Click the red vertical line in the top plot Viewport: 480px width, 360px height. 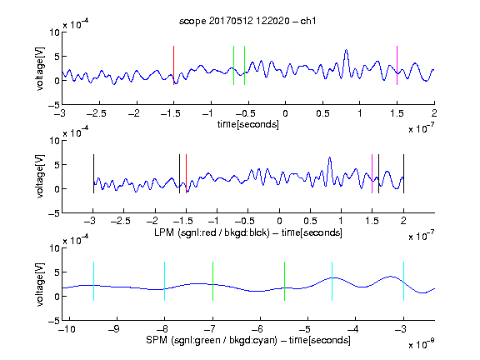(173, 65)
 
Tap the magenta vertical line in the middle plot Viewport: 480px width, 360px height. (372, 173)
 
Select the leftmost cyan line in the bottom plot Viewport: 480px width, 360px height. (93, 281)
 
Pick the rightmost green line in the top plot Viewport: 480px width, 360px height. (245, 65)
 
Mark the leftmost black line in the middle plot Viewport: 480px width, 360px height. (93, 173)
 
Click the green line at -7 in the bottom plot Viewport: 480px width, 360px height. (212, 281)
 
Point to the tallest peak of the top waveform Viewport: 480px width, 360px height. (346, 50)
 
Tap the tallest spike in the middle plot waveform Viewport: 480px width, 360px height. (330, 157)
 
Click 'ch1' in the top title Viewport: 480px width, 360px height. (308, 21)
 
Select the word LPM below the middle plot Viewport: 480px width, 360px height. (164, 232)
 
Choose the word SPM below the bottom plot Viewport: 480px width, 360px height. (157, 340)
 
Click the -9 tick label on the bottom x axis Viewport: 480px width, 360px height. (114, 329)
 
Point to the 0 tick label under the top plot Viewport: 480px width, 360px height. (285, 113)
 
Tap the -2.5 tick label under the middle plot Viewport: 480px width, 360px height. (121, 221)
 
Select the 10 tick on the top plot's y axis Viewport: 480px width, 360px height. (54, 32)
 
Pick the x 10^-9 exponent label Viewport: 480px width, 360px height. (422, 344)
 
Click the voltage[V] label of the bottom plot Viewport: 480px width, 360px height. (40, 284)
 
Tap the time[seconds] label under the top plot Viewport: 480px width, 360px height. (248, 124)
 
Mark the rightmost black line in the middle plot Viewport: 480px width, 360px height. (404, 173)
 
